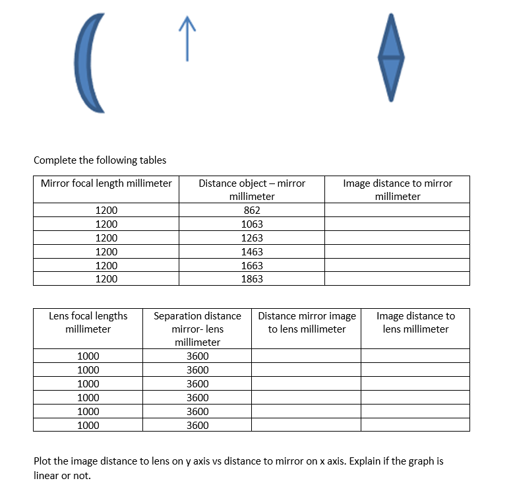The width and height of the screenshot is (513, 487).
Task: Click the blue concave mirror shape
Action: [x=89, y=63]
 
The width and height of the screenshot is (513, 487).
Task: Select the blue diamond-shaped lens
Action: [x=391, y=58]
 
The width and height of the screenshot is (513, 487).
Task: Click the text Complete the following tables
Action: [x=100, y=160]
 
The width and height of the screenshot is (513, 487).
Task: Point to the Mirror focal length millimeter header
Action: [x=106, y=183]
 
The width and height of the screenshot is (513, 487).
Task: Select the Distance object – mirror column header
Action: [x=252, y=189]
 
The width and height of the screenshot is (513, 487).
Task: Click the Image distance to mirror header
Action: [x=397, y=189]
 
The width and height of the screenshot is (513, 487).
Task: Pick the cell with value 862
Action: [x=252, y=211]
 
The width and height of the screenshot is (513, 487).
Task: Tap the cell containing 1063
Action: [x=252, y=224]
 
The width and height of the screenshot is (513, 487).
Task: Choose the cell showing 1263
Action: [x=252, y=238]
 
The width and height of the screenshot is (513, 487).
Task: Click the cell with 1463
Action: [x=252, y=252]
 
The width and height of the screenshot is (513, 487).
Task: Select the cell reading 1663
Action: [x=252, y=265]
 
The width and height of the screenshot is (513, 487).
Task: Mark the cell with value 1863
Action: [x=252, y=279]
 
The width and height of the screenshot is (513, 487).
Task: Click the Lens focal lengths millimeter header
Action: [x=88, y=322]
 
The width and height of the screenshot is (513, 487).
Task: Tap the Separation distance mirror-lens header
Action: [x=197, y=329]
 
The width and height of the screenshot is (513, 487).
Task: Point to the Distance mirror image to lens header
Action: [x=307, y=322]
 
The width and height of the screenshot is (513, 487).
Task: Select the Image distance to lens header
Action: [x=415, y=322]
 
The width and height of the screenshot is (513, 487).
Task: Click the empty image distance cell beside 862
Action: [x=397, y=211]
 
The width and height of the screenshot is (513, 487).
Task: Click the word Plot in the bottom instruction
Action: [x=43, y=461]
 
